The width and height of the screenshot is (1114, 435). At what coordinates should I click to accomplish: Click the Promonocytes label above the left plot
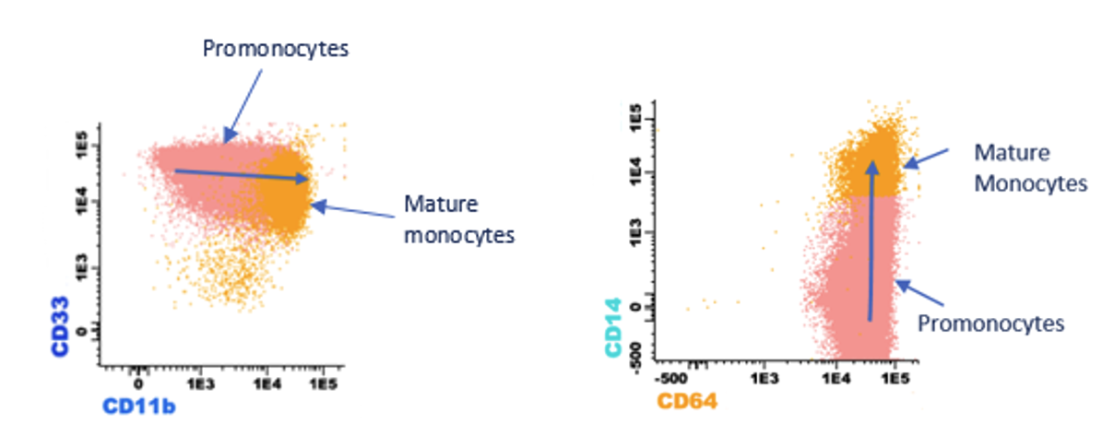(276, 48)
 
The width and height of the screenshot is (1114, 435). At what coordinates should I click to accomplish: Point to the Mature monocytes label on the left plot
(457, 218)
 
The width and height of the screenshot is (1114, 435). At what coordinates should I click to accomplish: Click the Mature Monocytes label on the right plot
(1030, 168)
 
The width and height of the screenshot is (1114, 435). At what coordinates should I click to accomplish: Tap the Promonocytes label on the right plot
(991, 323)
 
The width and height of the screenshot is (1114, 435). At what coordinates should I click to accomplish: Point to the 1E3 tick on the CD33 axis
(82, 269)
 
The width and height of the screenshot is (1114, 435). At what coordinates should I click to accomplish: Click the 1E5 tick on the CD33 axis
(82, 146)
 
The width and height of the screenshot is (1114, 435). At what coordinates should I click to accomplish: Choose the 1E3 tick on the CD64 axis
(764, 380)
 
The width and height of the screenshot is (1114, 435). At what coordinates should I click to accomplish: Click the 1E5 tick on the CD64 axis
(902, 380)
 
